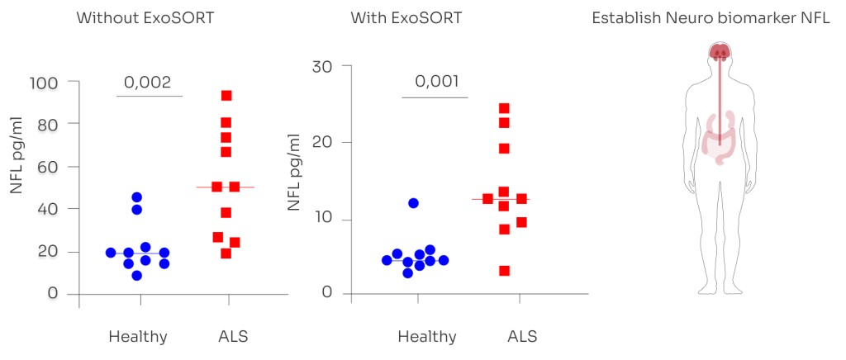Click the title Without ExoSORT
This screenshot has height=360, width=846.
tap(145, 18)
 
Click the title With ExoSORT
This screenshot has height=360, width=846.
tap(406, 18)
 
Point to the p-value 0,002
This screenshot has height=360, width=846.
tap(147, 83)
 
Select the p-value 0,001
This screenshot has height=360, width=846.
tap(437, 82)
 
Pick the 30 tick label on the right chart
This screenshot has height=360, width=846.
tap(323, 66)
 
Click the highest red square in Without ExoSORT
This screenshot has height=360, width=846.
tap(226, 96)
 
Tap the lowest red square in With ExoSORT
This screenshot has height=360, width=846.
tap(504, 271)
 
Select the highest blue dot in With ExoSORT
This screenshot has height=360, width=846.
tap(413, 203)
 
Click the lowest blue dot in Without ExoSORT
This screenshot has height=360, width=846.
tap(137, 276)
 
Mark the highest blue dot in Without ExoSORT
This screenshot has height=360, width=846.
tap(137, 197)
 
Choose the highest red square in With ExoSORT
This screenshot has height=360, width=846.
tap(504, 109)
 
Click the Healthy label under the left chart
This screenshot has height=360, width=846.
tap(138, 337)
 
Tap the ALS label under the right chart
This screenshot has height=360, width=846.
tap(522, 337)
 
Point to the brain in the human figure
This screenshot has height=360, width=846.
tap(720, 52)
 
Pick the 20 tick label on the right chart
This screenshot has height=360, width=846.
tap(323, 143)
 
